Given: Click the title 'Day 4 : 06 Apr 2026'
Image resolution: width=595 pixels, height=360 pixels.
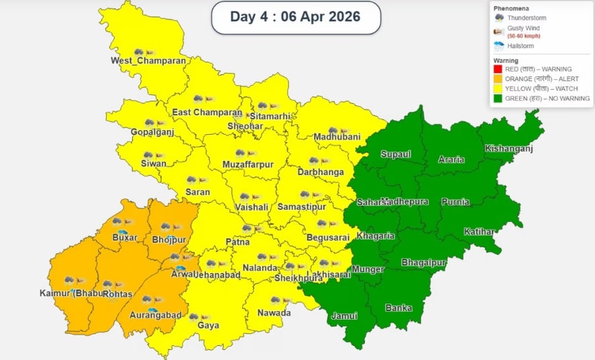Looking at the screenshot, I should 295,17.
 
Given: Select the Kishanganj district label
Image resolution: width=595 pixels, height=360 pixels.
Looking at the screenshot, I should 508,148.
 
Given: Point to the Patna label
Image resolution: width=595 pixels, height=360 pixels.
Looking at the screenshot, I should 237,241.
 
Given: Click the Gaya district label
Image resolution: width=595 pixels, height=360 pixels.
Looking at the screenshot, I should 208,326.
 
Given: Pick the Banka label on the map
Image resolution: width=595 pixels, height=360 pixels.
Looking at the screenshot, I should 398,308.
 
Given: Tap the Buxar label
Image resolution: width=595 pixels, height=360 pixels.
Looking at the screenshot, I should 125,237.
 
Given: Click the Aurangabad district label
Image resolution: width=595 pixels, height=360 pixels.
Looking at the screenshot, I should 156,315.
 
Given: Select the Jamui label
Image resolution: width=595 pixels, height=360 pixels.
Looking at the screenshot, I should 345,316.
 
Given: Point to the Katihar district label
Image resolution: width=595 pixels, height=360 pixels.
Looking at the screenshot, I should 479,232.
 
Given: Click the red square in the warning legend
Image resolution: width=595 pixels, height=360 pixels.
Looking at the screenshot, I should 498,69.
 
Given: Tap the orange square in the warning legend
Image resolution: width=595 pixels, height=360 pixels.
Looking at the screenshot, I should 498,79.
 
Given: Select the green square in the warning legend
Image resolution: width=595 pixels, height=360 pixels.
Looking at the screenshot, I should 498,99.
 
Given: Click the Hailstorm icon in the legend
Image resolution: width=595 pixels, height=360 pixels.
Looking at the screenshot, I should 499,46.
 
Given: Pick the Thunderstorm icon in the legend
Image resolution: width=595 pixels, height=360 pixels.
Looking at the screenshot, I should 499,17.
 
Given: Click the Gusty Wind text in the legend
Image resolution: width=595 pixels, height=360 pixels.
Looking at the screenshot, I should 523,28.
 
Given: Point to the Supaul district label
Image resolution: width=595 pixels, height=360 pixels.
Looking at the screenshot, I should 395,154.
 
